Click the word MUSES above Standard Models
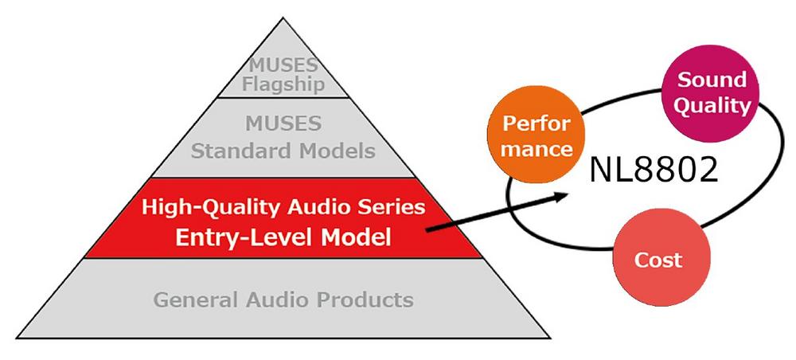point(283,125)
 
